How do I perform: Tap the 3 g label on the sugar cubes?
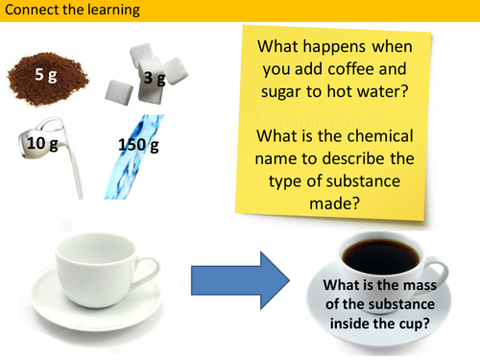[x=155, y=79]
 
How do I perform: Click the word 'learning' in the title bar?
[x=111, y=12]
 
